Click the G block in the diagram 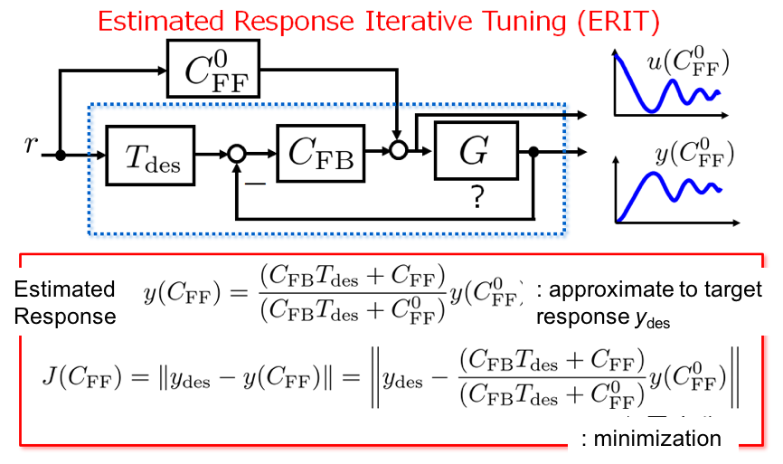473,152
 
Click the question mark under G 475,197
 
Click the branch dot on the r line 61,156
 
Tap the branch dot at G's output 534,153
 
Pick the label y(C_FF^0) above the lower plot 693,155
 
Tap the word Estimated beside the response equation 64,289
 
